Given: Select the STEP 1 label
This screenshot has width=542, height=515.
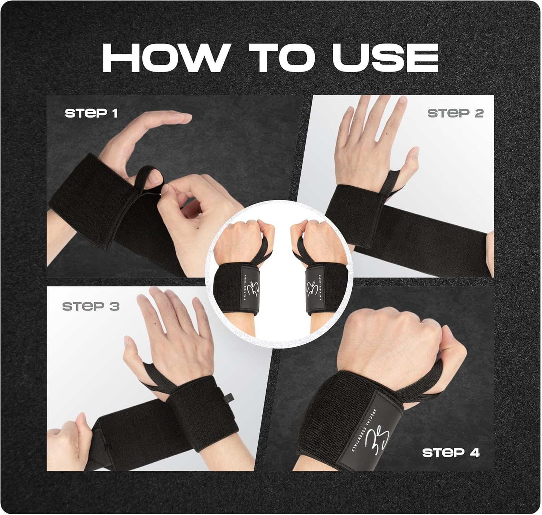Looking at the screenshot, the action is click(x=91, y=113).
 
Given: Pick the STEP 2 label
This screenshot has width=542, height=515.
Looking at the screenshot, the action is click(x=455, y=113).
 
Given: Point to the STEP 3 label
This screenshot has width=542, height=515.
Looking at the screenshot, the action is click(x=91, y=306).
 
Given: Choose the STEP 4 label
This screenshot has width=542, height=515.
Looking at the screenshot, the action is click(x=451, y=453).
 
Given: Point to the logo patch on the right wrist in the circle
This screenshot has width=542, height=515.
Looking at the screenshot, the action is click(x=314, y=291).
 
